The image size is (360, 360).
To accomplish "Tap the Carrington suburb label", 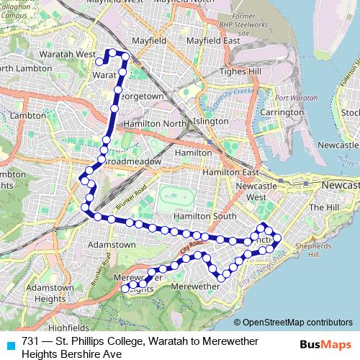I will tap(282, 112).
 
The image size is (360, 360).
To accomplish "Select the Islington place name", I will tap(211, 122).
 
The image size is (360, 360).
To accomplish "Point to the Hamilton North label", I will tap(154, 124).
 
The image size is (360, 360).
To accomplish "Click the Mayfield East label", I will tap(213, 41).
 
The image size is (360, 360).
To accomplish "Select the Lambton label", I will tap(28, 115).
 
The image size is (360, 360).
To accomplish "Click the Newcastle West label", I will tap(251, 192).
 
